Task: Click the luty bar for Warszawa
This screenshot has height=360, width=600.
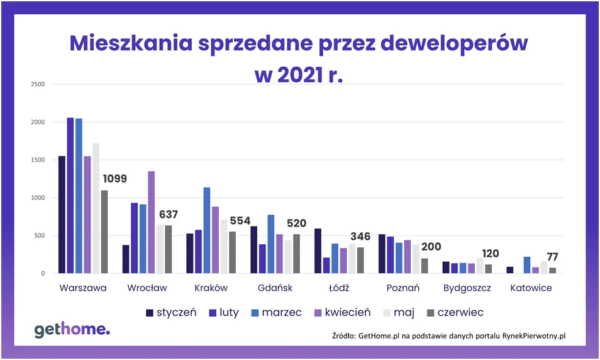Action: pos(70,196)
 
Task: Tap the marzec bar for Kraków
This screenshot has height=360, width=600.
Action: pos(207,230)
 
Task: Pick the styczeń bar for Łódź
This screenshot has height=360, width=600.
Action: pos(318,251)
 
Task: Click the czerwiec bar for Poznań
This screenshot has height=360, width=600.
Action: pos(425,266)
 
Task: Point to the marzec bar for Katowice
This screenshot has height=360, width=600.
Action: pos(526,265)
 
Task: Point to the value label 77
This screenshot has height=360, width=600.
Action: pos(552,257)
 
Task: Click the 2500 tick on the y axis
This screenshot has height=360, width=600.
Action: pos(37,84)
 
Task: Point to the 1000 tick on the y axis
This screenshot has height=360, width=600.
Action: pos(37,198)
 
